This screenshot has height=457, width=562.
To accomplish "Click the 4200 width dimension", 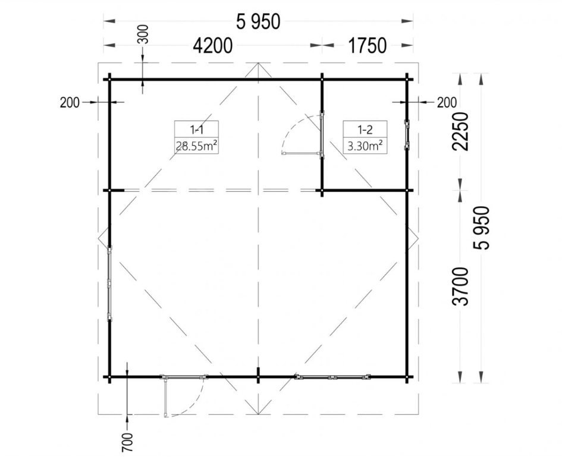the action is coord(213,46).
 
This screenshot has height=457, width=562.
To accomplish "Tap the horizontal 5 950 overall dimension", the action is coord(258,22).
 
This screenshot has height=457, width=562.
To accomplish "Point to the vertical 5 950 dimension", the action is coord(481,228).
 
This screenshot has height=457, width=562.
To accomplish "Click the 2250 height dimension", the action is coord(460,132).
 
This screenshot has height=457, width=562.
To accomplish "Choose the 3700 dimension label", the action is coord(460,286).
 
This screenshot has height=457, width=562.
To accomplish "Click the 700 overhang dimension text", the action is coord(128,442).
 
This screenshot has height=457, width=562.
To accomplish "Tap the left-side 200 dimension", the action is coord(70,103).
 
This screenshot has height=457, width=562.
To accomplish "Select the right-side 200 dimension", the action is coord(447,103).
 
